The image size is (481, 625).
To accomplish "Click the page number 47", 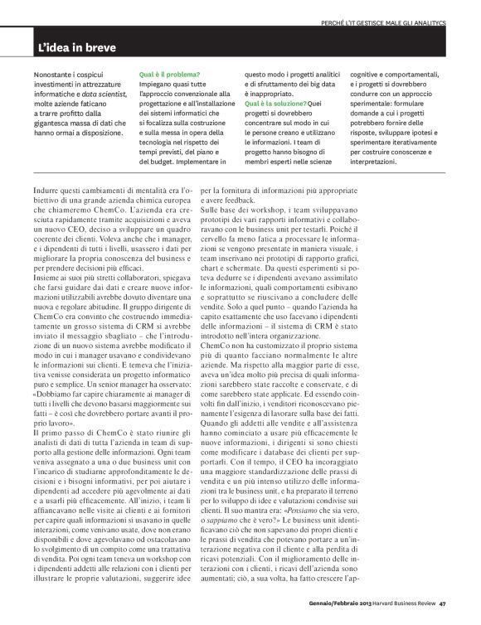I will coord(444,614).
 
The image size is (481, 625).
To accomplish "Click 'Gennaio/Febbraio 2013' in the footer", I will coord(329,614).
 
